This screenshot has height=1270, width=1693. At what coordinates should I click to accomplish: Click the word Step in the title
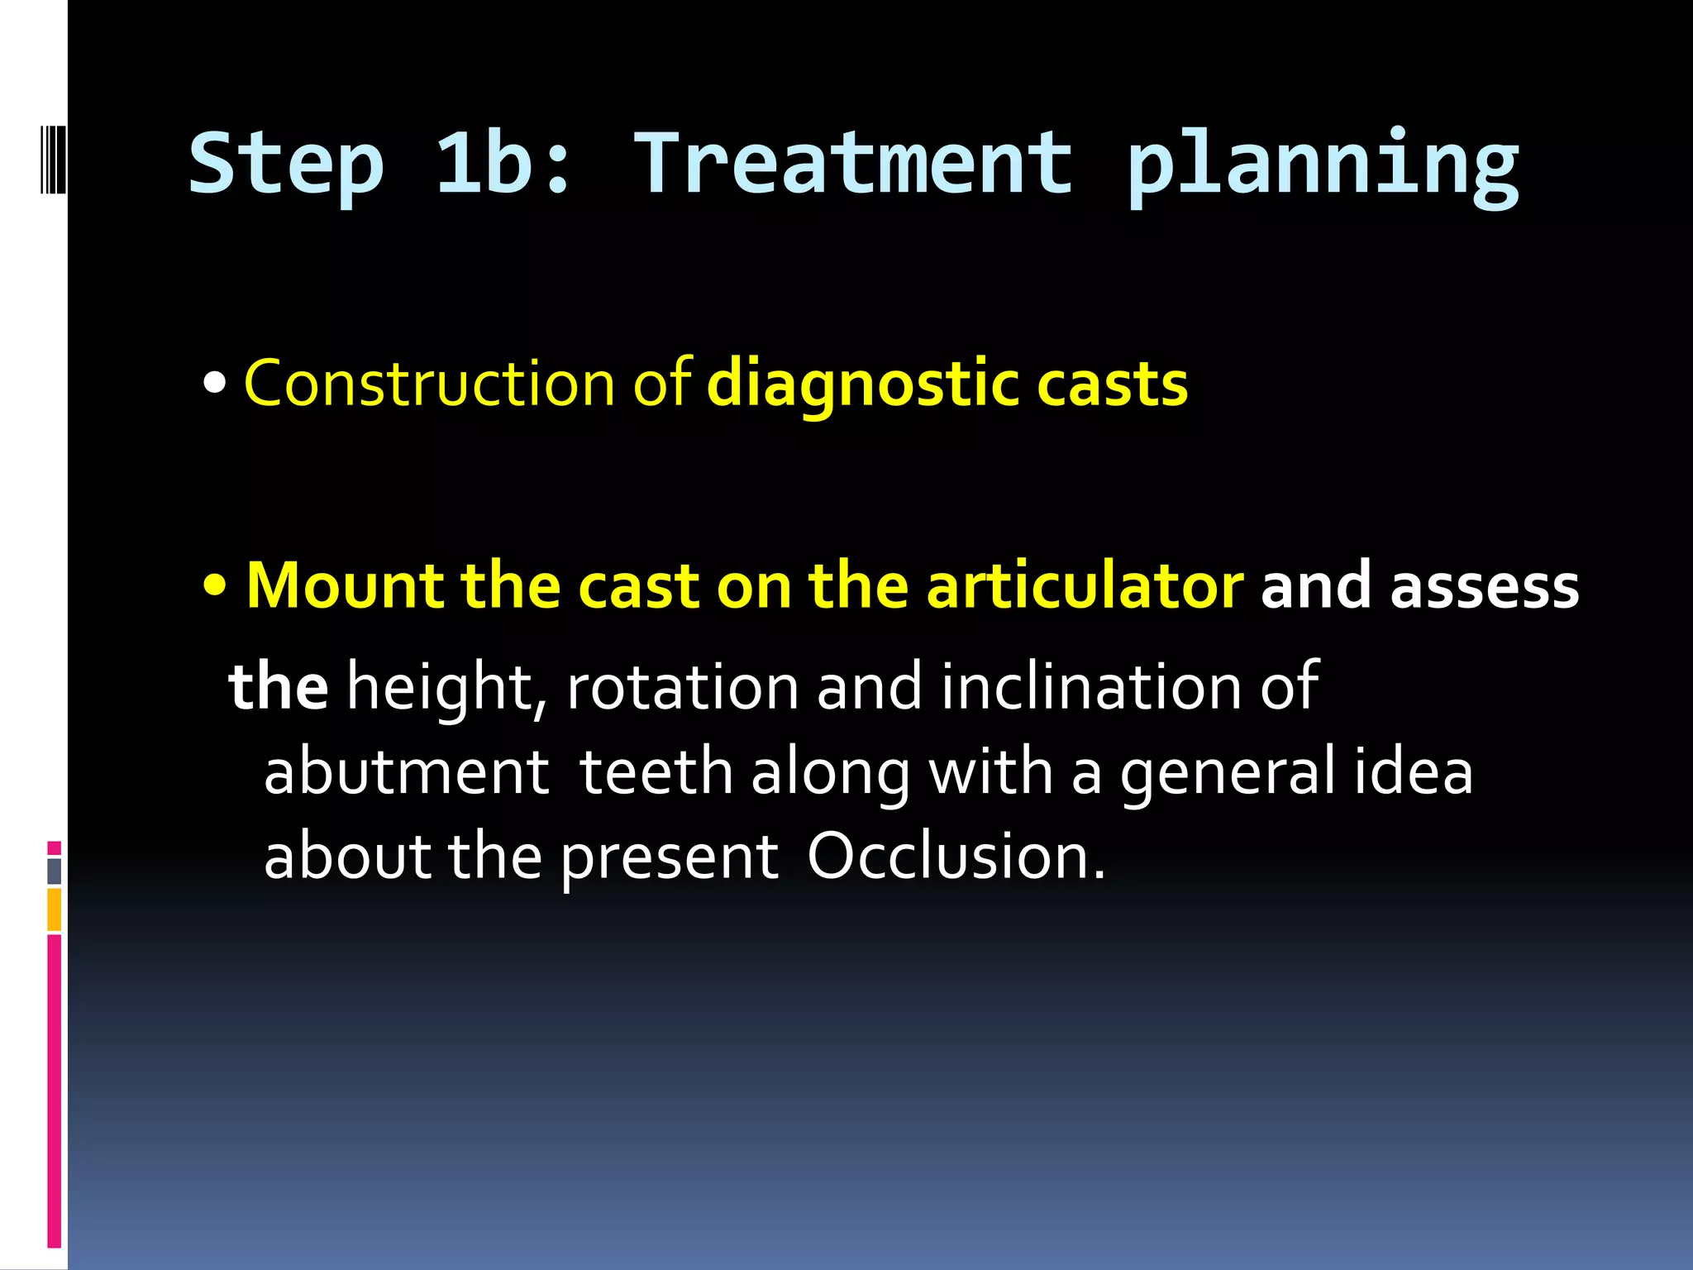pos(286,165)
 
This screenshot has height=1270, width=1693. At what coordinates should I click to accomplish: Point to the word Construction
pos(429,384)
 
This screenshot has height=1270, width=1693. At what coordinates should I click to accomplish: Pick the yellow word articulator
pos(1084,585)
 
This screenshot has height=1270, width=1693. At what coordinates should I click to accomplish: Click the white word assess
pos(1485,585)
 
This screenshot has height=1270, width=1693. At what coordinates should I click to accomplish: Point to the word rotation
pos(682,686)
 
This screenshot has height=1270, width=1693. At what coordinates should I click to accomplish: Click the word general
pos(1227,772)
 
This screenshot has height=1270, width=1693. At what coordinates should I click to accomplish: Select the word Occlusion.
pos(956,856)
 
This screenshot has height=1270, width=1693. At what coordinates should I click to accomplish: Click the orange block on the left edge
pos(54,909)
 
